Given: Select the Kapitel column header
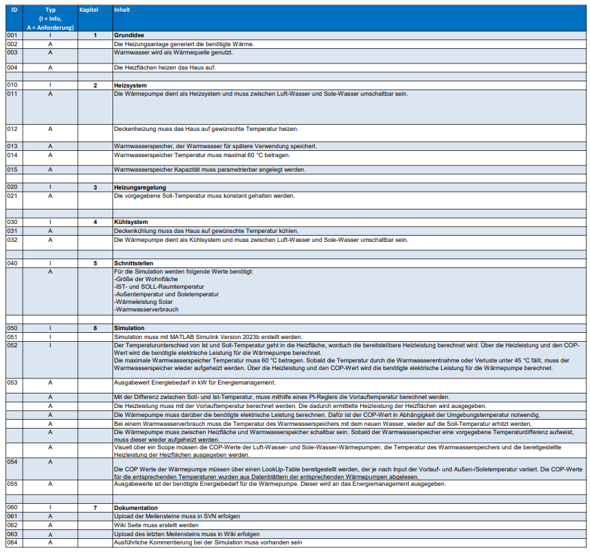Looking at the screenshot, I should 90,10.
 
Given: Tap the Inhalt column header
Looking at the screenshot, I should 122,10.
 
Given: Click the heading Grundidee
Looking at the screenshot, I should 129,34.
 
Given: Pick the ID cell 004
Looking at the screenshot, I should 12,68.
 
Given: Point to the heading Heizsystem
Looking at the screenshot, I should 128,85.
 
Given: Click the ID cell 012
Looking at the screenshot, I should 12,129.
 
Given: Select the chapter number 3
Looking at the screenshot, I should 95,187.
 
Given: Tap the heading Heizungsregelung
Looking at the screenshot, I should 139,187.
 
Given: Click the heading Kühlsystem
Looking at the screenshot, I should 130,222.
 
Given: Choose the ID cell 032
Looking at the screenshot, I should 12,240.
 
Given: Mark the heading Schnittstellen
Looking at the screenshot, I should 134,263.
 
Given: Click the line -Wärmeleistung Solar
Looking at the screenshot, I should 144,301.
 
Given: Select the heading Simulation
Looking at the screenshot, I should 129,328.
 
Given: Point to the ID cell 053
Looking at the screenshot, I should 12,382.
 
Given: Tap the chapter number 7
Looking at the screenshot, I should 95,507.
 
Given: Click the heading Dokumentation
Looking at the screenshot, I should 137,507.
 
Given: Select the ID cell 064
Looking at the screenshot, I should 12,542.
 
